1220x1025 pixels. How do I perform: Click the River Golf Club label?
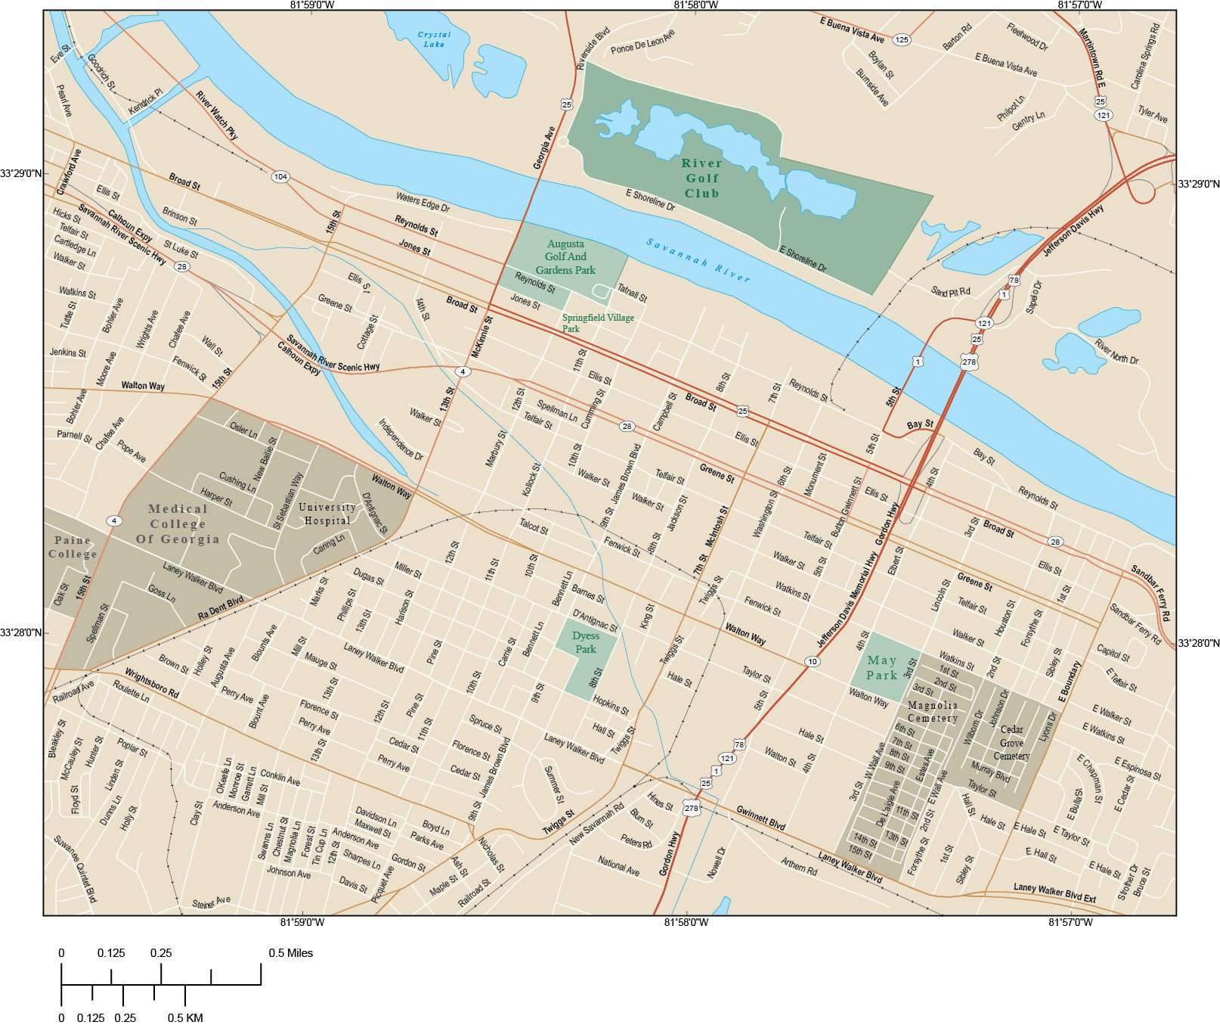(x=701, y=179)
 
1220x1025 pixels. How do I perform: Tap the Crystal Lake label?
(x=434, y=39)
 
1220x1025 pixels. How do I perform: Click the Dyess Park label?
(x=585, y=643)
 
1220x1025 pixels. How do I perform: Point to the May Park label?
(x=882, y=668)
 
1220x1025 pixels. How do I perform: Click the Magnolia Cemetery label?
(x=932, y=711)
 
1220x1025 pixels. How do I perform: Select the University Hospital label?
(x=327, y=514)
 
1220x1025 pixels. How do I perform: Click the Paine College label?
(x=73, y=547)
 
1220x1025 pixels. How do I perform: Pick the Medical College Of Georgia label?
(x=178, y=523)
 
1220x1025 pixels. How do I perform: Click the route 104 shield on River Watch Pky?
(x=280, y=177)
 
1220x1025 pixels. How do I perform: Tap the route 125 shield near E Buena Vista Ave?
(x=901, y=39)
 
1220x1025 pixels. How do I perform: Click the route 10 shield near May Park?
(x=812, y=661)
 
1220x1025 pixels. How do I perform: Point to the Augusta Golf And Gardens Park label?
(x=565, y=257)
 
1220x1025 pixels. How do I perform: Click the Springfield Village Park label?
(x=597, y=323)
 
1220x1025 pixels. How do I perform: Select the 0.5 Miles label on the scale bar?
(x=290, y=953)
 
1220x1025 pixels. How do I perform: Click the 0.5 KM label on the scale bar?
(x=185, y=1017)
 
